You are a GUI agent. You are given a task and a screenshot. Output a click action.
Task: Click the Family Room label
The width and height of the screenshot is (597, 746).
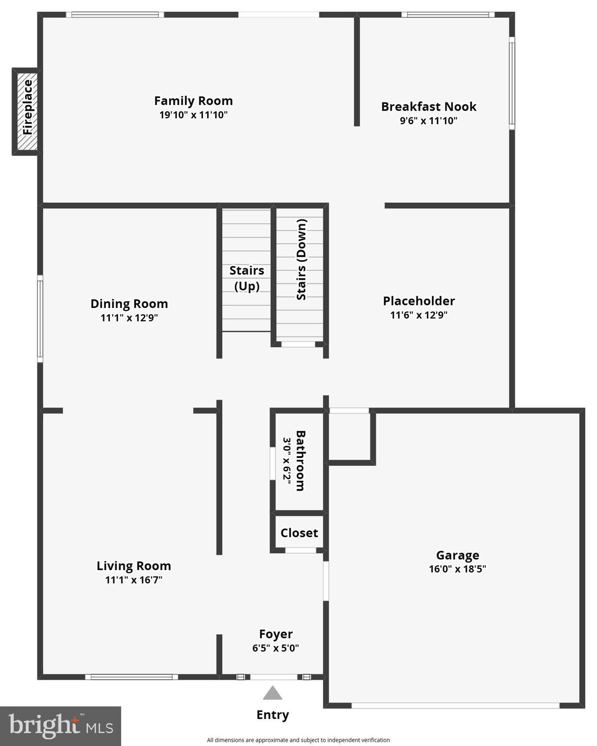[x=193, y=101]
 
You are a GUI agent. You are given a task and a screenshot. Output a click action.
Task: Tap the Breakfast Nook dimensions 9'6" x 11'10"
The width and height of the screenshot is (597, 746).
[x=428, y=120]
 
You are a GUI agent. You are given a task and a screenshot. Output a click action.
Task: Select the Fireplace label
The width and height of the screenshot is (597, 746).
[x=27, y=107]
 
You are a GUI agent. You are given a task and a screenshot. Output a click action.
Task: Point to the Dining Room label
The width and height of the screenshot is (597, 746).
[x=129, y=304]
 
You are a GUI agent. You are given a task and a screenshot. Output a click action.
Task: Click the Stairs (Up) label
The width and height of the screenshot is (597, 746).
[x=247, y=278]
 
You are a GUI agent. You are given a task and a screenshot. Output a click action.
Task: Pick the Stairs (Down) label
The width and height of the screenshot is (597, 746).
[x=302, y=259]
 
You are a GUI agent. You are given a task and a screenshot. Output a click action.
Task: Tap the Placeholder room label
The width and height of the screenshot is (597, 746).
[x=419, y=301]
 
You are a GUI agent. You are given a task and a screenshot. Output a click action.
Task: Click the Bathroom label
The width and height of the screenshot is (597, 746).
[x=300, y=460]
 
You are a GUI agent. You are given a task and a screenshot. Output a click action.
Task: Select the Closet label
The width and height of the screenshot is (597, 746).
[x=299, y=533]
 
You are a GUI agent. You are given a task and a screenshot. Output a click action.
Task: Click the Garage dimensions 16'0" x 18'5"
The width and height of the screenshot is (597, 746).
[x=457, y=569]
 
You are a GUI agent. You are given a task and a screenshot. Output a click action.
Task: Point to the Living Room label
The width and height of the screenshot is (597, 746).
[x=134, y=566]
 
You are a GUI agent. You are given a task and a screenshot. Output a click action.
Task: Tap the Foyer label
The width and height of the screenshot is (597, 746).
[x=275, y=634]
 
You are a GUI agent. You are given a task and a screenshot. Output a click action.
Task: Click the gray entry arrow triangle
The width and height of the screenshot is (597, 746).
[x=273, y=694]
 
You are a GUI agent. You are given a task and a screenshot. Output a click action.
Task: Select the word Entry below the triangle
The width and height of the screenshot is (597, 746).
[x=273, y=714]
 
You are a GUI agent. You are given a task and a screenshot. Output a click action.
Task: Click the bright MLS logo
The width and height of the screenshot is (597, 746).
[x=60, y=726]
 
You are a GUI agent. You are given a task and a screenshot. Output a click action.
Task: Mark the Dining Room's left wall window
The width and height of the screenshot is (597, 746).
[x=40, y=319]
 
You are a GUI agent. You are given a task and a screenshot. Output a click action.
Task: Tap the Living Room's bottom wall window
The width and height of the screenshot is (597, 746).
[x=132, y=677]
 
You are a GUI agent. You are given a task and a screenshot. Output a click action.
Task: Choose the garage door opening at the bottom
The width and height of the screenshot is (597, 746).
[x=455, y=705]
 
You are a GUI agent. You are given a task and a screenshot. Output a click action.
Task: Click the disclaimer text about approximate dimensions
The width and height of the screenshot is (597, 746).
[x=298, y=740]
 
